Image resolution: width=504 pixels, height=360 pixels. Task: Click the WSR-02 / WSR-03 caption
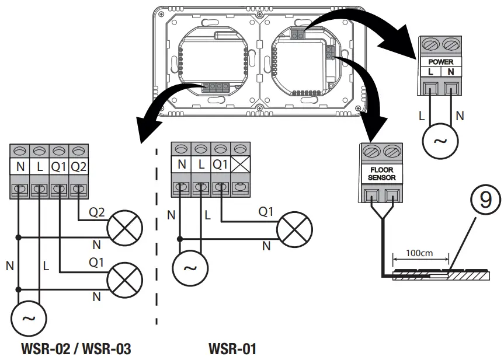(76, 349)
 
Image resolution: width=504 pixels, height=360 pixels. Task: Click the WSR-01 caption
(232, 349)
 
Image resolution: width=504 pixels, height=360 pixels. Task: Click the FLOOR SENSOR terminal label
(382, 174)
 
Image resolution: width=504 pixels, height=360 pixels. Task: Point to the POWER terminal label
(441, 61)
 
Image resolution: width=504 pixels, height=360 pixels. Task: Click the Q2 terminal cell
(78, 166)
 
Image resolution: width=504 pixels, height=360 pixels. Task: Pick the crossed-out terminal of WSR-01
(239, 165)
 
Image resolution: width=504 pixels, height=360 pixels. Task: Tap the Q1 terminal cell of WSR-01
(220, 165)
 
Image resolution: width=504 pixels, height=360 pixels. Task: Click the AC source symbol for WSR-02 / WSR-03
(29, 319)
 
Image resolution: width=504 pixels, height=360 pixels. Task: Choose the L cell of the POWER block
(431, 71)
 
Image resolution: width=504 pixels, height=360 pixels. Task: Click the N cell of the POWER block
(451, 71)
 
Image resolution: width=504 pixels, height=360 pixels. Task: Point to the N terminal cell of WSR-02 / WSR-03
(20, 166)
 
